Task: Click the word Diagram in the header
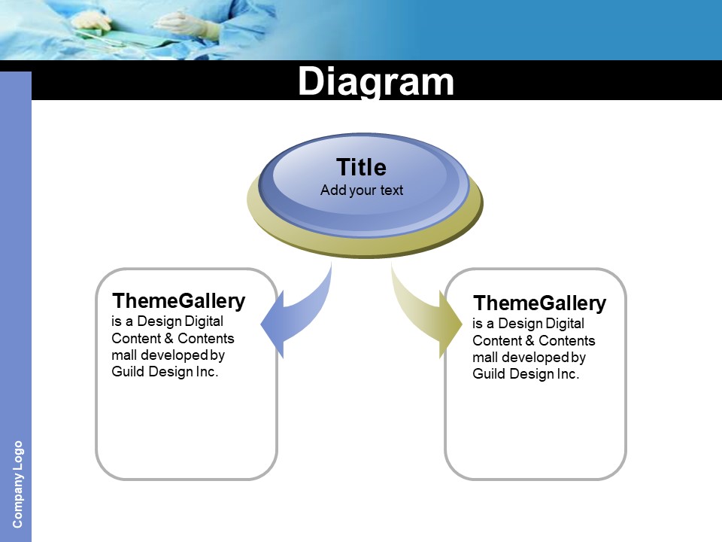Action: coord(376,81)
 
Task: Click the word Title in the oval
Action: coord(361,167)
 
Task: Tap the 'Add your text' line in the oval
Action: coord(362,190)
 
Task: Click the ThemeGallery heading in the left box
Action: coord(178,301)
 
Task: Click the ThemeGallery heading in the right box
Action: coord(539,303)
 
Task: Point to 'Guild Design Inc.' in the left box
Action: coord(165,372)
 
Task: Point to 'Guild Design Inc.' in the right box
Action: coord(526,374)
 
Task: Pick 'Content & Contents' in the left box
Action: coord(173,339)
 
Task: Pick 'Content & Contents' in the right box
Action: coord(534,341)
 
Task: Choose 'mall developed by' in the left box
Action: coord(168,355)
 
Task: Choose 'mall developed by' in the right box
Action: coord(529,358)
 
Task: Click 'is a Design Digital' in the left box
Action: coord(167,321)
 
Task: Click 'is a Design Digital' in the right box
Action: coord(528,324)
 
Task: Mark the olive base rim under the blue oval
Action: coord(365,245)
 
